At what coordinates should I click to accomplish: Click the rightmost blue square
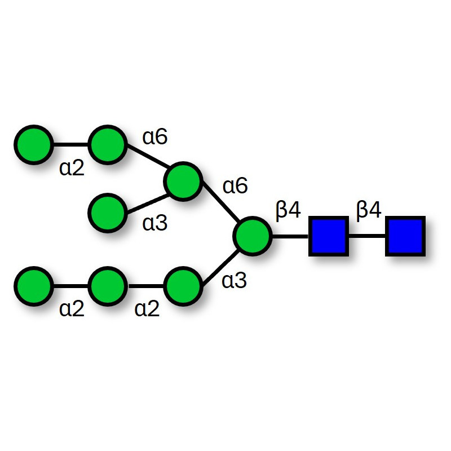(x=405, y=236)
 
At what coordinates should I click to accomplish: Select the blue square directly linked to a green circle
(x=328, y=236)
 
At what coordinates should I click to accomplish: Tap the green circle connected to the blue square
(x=253, y=236)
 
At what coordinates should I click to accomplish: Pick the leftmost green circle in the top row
(x=34, y=145)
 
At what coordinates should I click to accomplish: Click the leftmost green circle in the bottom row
(x=34, y=286)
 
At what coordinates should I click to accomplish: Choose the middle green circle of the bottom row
(x=107, y=286)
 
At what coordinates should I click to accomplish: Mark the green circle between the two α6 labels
(x=183, y=182)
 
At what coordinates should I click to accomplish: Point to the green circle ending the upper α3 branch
(x=107, y=213)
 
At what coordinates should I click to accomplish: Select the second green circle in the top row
(x=107, y=145)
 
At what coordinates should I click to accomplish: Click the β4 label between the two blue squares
(x=369, y=211)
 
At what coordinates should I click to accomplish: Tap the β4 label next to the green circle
(x=288, y=211)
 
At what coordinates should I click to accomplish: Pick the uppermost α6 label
(x=155, y=136)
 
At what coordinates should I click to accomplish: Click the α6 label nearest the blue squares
(x=235, y=185)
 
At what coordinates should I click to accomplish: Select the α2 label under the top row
(x=72, y=168)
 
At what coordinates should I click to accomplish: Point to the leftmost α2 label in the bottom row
(x=72, y=309)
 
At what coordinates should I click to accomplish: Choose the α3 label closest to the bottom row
(x=235, y=281)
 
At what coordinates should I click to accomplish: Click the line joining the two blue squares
(x=366, y=236)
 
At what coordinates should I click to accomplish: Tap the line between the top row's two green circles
(x=70, y=145)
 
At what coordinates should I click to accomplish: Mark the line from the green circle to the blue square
(x=290, y=236)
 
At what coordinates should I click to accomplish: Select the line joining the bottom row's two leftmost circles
(x=70, y=286)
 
